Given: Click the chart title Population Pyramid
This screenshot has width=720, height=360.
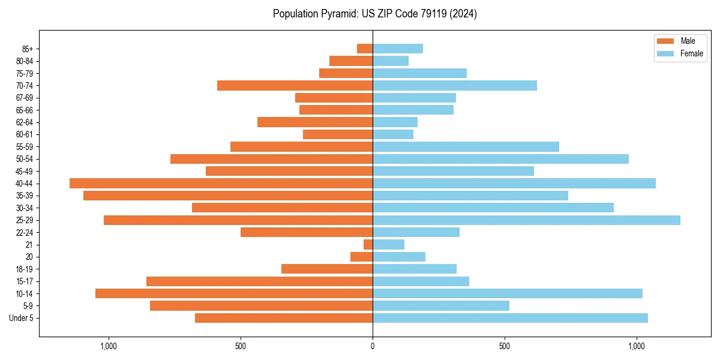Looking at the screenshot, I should click(x=374, y=14).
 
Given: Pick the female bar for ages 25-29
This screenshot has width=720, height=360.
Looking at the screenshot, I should click(x=526, y=220).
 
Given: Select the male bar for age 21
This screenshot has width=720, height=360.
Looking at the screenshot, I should click(x=368, y=245).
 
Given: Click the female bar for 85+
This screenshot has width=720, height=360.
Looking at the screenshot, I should click(x=398, y=49).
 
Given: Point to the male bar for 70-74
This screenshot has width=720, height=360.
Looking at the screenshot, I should click(x=295, y=86).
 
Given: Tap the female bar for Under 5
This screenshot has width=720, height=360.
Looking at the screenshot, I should click(x=510, y=318).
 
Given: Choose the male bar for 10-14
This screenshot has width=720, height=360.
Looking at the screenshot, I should click(x=234, y=293).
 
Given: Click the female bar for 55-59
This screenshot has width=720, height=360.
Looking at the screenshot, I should click(x=466, y=147).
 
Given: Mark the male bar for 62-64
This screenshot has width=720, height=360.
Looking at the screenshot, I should click(x=315, y=122).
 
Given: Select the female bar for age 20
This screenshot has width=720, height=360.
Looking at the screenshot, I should click(x=399, y=257).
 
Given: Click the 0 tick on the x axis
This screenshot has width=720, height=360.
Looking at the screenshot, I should click(x=373, y=346).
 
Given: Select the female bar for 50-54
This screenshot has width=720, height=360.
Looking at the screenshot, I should click(x=500, y=159).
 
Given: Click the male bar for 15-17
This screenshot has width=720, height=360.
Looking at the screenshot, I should click(x=259, y=281).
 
